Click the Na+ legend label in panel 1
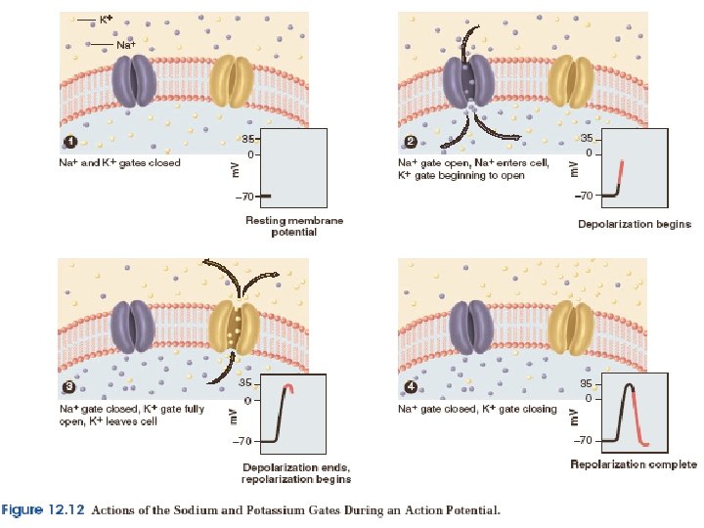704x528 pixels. [126, 45]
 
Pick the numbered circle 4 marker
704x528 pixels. [411, 389]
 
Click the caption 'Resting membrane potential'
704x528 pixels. [293, 227]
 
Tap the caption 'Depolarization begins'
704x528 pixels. [634, 224]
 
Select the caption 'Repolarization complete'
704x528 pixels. [634, 464]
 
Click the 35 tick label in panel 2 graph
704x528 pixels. [585, 138]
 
